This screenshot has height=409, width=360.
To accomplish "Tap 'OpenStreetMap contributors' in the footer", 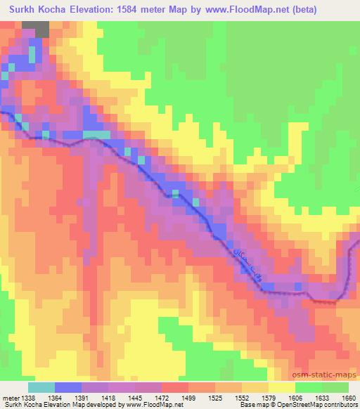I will pos(320,405).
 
